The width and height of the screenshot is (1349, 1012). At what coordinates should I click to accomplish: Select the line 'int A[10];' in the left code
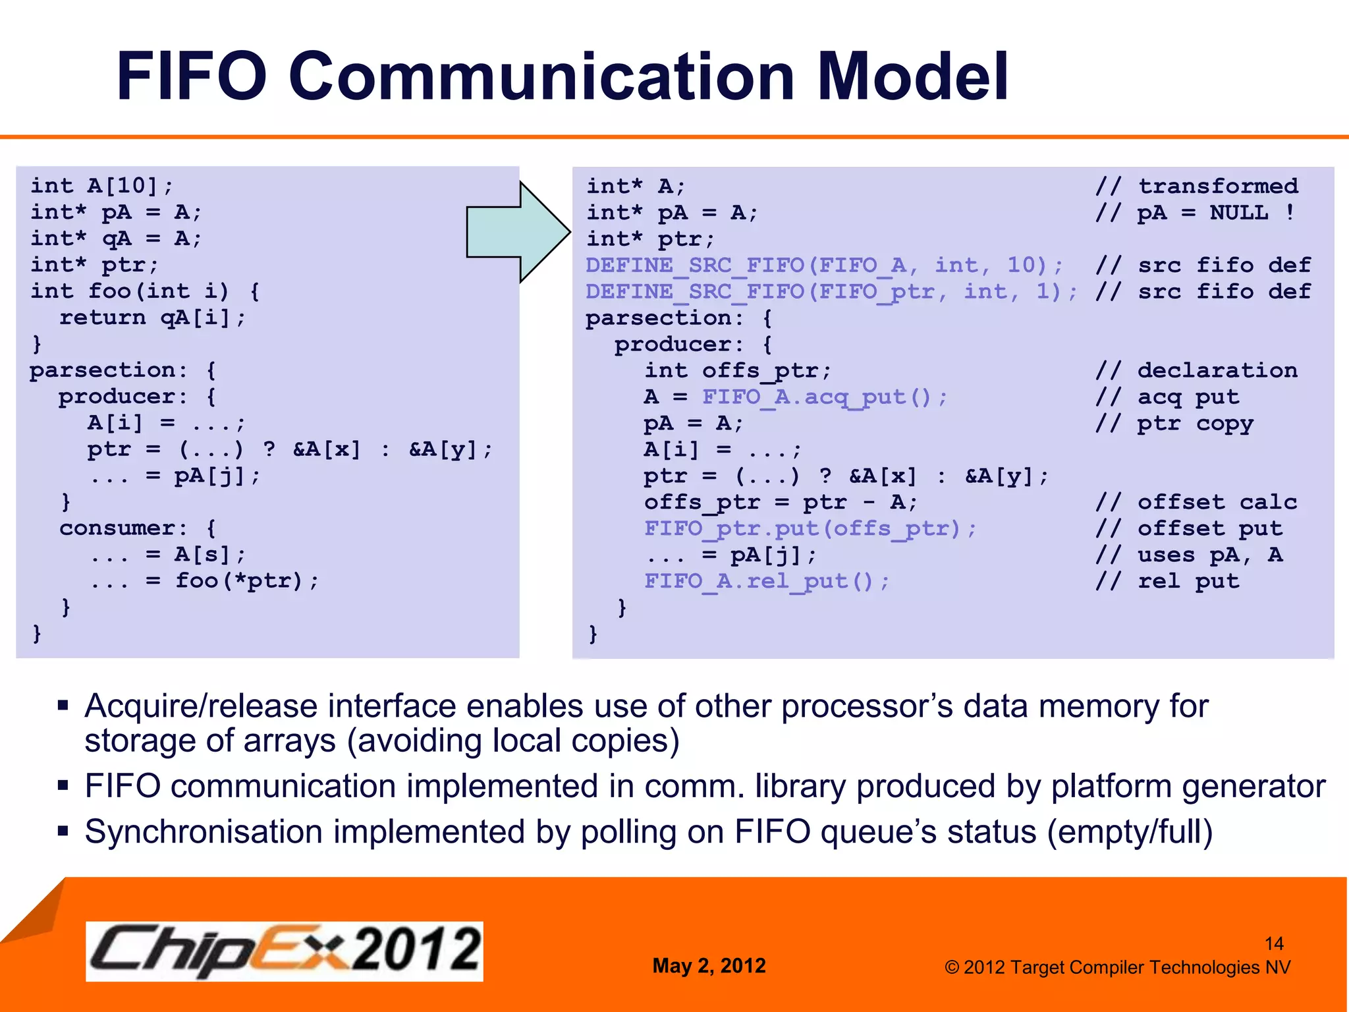(102, 186)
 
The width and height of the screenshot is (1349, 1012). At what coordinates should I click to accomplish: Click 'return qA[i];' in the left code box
(152, 318)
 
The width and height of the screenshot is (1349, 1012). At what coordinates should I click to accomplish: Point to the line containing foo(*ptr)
(204, 580)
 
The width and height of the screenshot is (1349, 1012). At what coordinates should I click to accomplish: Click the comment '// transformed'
(1196, 186)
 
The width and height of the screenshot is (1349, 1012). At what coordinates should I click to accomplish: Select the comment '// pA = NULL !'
(1195, 213)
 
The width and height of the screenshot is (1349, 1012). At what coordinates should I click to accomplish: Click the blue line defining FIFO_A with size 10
(824, 266)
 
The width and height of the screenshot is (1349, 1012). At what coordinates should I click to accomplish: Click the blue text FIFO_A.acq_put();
(824, 397)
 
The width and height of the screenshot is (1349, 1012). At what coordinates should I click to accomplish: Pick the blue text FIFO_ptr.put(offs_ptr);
(810, 528)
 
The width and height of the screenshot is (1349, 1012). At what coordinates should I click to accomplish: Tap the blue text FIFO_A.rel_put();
(766, 581)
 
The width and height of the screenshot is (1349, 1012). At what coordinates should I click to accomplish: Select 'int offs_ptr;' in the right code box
(737, 371)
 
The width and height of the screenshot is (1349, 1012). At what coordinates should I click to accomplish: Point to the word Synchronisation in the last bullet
(204, 832)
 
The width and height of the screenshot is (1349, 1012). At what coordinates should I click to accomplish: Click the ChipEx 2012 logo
(284, 951)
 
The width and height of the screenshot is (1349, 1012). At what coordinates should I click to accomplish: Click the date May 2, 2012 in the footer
(709, 966)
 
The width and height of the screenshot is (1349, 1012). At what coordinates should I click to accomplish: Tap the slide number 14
(1274, 943)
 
